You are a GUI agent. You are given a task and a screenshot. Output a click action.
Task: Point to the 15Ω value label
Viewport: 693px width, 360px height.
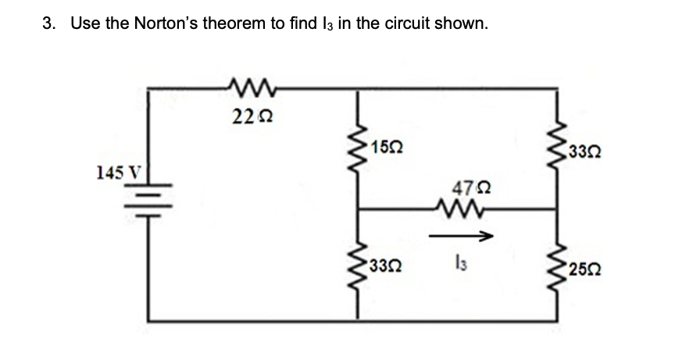pyautogui.click(x=388, y=146)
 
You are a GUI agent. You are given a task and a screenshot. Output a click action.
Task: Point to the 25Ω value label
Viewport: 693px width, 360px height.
pyautogui.click(x=586, y=271)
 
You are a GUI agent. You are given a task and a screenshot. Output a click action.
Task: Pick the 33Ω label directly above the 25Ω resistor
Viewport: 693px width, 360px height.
pyautogui.click(x=587, y=151)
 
